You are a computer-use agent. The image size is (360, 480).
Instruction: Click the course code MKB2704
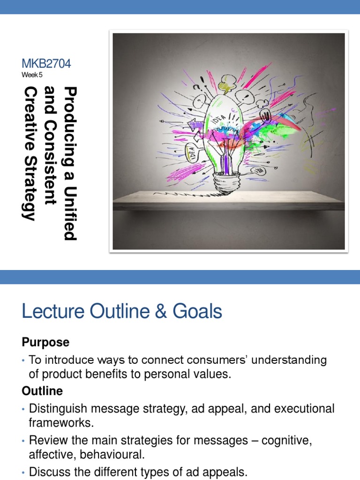pyautogui.click(x=46, y=64)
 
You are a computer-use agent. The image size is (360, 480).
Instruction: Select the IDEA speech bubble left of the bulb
pyautogui.click(x=191, y=151)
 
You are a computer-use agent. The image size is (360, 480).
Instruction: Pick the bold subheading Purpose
pyautogui.click(x=45, y=343)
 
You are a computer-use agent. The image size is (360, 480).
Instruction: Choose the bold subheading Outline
pyautogui.click(x=42, y=391)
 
